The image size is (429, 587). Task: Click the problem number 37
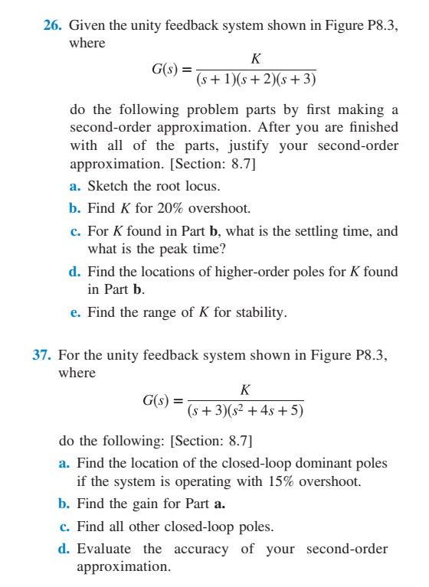point(41,355)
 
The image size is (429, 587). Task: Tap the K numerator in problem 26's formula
point(255,60)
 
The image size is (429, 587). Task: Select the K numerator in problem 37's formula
point(244,390)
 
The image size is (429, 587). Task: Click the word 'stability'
point(260,312)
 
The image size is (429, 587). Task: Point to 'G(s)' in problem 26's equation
point(167,70)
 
